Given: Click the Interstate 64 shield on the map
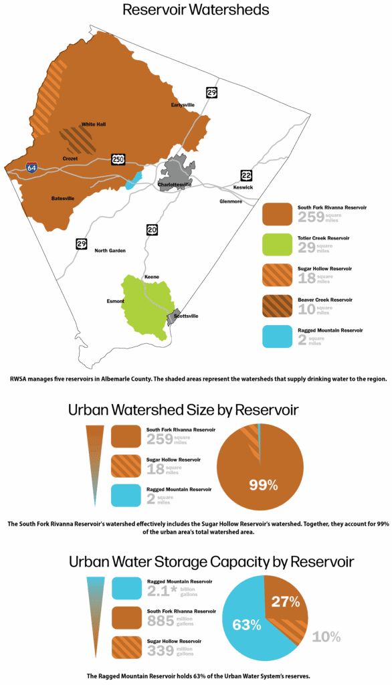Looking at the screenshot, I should [x=31, y=168].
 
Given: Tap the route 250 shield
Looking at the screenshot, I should [x=118, y=159].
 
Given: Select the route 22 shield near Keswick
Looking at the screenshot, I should [x=246, y=175].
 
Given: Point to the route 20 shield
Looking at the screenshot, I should [x=152, y=230].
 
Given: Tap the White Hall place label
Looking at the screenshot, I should [x=94, y=124].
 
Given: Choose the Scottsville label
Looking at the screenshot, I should [x=185, y=316].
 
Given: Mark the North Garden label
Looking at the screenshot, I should [x=110, y=250].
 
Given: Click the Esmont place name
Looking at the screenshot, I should [x=115, y=301].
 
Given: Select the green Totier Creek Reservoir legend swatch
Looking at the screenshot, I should [x=277, y=246].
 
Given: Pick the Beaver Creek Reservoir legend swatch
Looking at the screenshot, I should [x=277, y=306].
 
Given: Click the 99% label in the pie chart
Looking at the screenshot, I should [x=263, y=485].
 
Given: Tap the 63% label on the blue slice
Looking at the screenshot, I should [x=246, y=625].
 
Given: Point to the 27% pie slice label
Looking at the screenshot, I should [x=285, y=601].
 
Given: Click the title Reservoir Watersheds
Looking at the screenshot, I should [x=195, y=10].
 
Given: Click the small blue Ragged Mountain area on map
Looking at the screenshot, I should [x=135, y=179].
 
